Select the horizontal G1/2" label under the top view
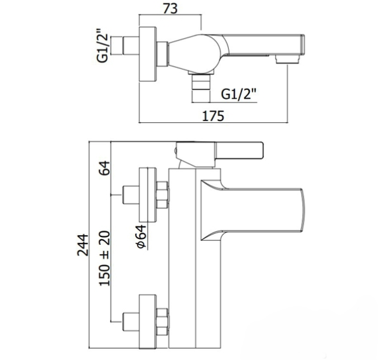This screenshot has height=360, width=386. point(240,95)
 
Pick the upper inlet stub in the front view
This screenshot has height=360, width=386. point(132,193)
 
